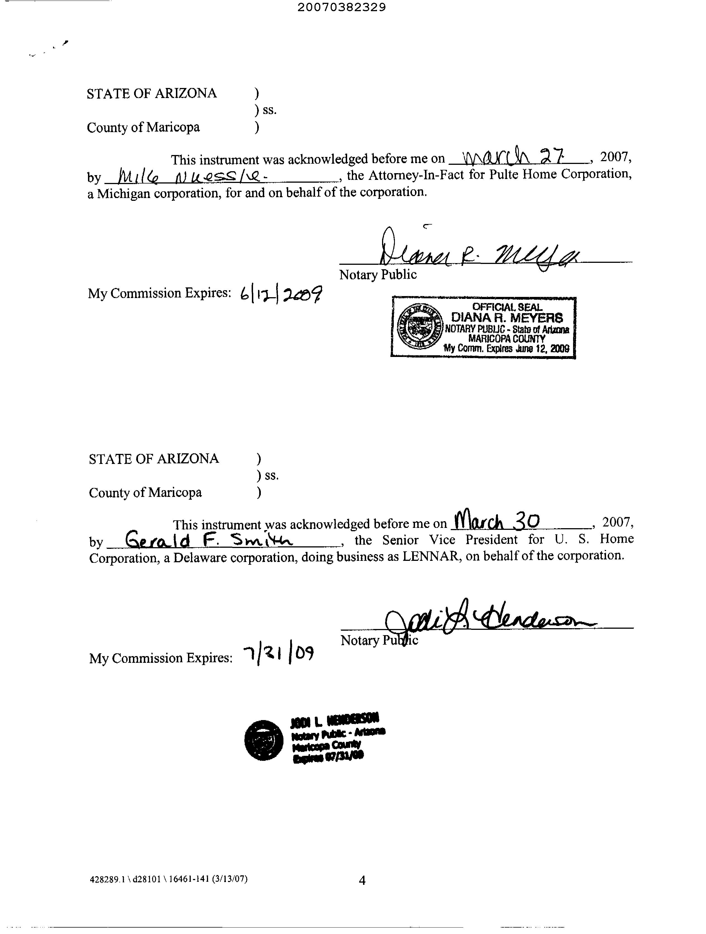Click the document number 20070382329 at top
pyautogui.click(x=342, y=7)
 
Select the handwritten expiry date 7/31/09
pyautogui.click(x=279, y=655)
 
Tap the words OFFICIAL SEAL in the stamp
pyautogui.click(x=507, y=307)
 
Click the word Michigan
pyautogui.click(x=123, y=193)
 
